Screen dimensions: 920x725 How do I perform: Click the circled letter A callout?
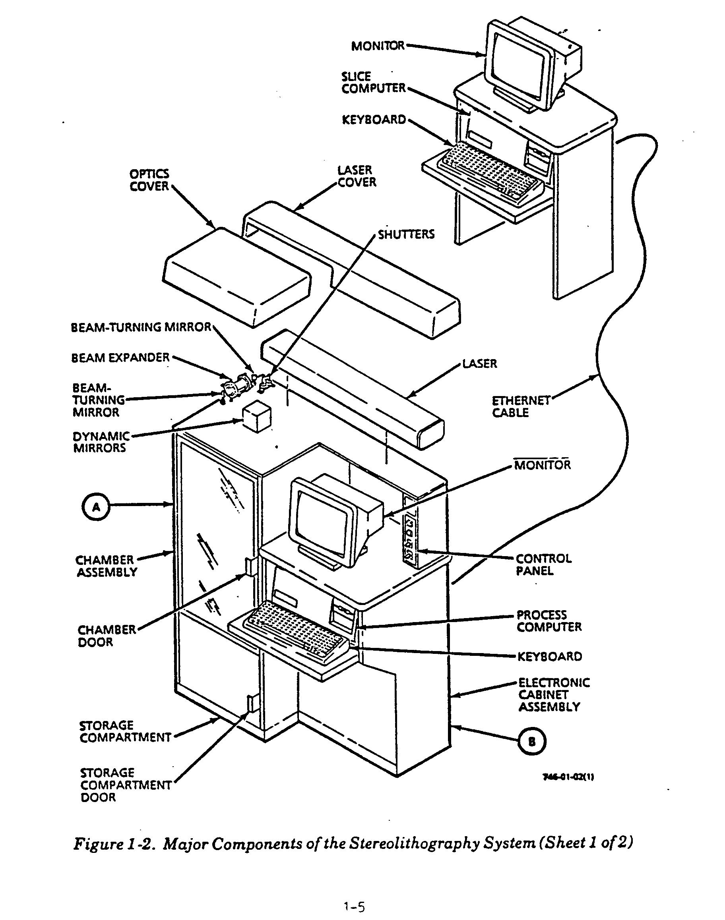click(x=96, y=506)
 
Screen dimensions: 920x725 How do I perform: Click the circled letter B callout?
click(x=532, y=741)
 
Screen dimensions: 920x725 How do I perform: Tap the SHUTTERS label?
click(x=406, y=234)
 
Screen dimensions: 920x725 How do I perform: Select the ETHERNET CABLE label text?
click(x=520, y=407)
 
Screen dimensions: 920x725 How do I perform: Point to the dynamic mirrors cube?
click(x=257, y=417)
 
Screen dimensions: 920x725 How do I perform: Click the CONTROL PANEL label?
click(x=543, y=564)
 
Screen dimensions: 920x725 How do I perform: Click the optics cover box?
click(x=236, y=276)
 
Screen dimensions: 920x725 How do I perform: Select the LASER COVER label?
click(x=357, y=176)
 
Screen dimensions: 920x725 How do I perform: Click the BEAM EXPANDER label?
click(x=120, y=358)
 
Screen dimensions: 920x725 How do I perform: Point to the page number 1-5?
click(x=354, y=907)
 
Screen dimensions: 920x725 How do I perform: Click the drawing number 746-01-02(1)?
click(x=568, y=777)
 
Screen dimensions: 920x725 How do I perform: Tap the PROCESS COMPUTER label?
click(x=549, y=621)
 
